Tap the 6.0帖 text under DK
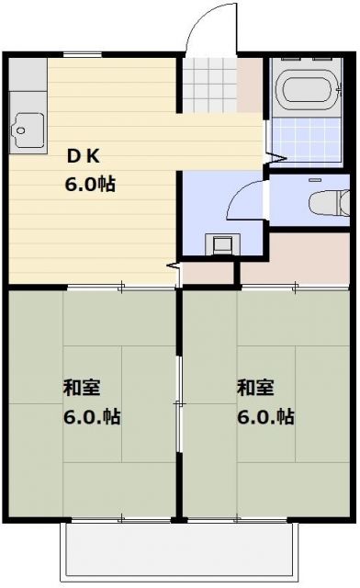[x=88, y=184]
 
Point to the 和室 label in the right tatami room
[x=254, y=387]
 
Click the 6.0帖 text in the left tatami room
[x=92, y=416]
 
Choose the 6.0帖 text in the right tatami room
[x=266, y=416]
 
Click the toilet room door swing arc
[x=241, y=198]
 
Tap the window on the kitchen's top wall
[x=83, y=54]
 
